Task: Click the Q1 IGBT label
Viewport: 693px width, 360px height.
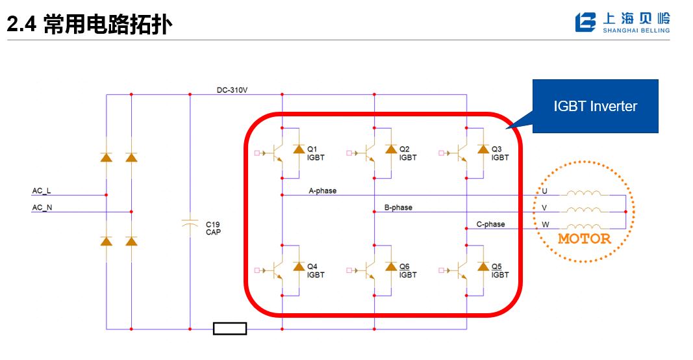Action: [x=316, y=153]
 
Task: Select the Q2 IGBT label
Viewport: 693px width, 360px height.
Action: [x=408, y=153]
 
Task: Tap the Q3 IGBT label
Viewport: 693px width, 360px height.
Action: [x=500, y=153]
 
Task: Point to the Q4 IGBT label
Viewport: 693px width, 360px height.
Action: [x=316, y=270]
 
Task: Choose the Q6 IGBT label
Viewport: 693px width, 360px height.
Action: [x=408, y=270]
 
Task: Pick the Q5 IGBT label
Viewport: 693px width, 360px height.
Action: [x=500, y=270]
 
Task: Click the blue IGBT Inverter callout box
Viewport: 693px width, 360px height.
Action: [x=595, y=107]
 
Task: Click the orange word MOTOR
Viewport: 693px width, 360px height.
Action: [x=585, y=238]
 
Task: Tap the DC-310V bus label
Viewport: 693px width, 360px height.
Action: [x=232, y=90]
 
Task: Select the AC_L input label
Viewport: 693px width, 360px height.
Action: [x=42, y=191]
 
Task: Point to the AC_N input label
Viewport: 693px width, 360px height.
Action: [x=42, y=208]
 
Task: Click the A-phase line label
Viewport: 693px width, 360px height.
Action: [x=322, y=191]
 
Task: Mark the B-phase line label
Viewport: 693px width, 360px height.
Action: [x=398, y=208]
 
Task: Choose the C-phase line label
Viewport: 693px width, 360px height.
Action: [x=490, y=224]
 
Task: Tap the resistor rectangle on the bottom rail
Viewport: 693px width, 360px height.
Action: [x=230, y=329]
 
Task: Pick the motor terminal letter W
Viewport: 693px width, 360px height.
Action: [x=544, y=225]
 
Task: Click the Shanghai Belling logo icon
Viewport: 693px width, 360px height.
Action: [x=585, y=22]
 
